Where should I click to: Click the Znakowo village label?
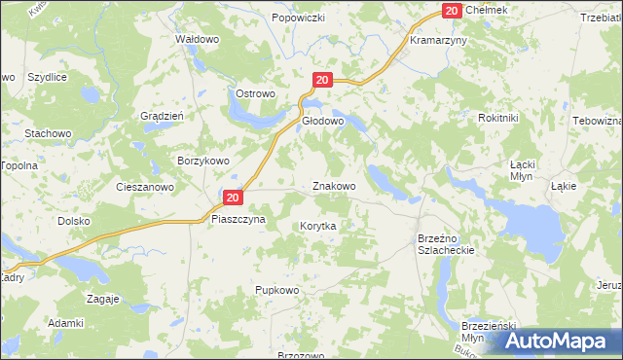point(333,185)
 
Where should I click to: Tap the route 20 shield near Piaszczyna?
point(232,198)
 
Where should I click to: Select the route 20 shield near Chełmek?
point(451,10)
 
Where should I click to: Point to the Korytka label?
point(317,225)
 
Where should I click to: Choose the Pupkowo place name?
point(275,290)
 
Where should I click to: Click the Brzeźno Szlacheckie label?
point(445,243)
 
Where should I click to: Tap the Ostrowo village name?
point(256,93)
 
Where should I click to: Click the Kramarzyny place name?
point(438,42)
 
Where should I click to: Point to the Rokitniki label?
point(498,117)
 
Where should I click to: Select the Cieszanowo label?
point(144,186)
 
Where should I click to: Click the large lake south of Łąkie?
point(533,230)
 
